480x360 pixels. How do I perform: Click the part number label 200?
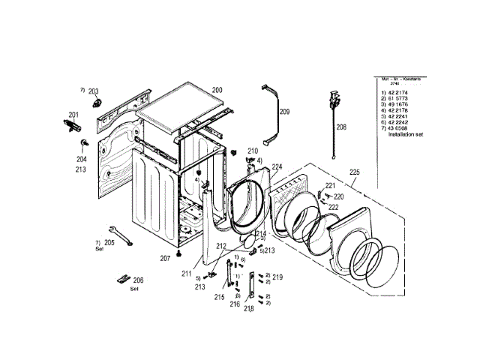(217, 89)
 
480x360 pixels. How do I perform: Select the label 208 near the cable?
(341, 127)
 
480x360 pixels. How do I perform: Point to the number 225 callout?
(355, 172)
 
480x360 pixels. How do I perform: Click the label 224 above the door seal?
(277, 166)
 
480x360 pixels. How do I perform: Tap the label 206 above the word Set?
(138, 280)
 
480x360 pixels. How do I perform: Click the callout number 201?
(73, 115)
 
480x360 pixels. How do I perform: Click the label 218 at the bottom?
(249, 308)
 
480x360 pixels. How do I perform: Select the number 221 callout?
(329, 184)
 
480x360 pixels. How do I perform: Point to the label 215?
(219, 297)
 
